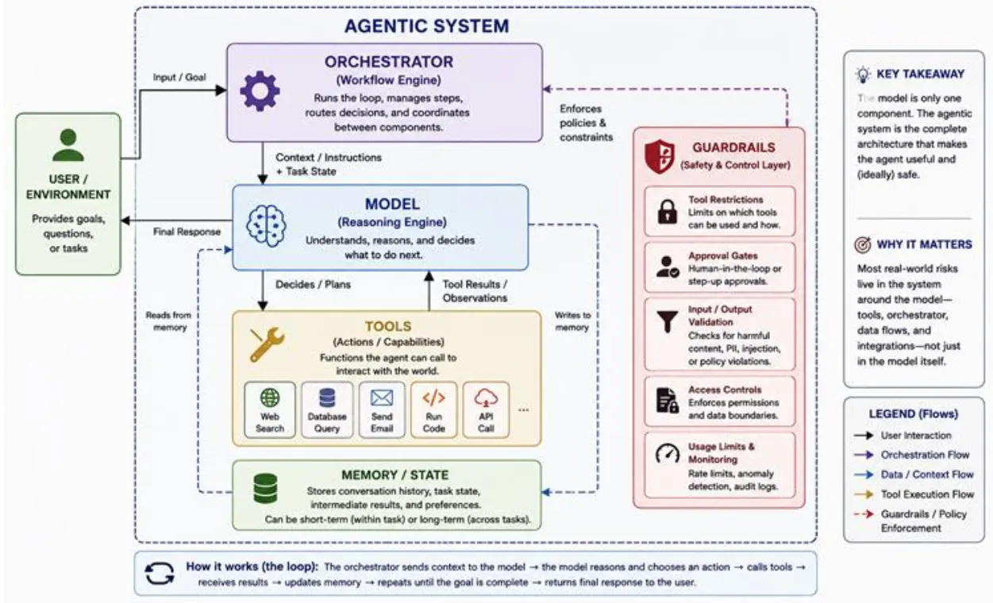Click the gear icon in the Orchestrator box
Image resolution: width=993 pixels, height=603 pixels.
point(260,91)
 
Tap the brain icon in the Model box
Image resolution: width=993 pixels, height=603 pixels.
point(266,225)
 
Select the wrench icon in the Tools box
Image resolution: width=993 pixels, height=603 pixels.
point(267,344)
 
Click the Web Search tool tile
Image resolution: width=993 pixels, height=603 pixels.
point(270,410)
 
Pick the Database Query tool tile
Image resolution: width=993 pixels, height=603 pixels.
point(327,410)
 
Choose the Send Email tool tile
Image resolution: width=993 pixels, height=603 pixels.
point(382,410)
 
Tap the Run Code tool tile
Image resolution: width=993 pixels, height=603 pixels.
point(433,410)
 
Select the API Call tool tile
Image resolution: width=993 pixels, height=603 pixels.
point(486,410)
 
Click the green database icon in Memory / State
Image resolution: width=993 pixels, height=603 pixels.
point(265,488)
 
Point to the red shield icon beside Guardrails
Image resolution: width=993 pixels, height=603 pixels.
point(660,156)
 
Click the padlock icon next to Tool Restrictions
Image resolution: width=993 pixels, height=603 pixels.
point(668,211)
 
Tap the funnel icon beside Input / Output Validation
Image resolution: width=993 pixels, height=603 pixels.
point(668,321)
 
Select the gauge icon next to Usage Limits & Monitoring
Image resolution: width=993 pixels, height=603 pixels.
point(668,453)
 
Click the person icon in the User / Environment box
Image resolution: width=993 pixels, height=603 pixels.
point(67,145)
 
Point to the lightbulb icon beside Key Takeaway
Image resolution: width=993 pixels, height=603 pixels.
point(863,75)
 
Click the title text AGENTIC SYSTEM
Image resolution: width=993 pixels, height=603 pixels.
point(427,25)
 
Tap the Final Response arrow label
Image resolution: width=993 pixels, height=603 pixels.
point(187,232)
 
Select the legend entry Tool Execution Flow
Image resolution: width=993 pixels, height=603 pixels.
point(927,494)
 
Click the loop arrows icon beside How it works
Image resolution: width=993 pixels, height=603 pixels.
point(160,574)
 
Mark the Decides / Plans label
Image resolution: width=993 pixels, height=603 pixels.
point(313,285)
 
